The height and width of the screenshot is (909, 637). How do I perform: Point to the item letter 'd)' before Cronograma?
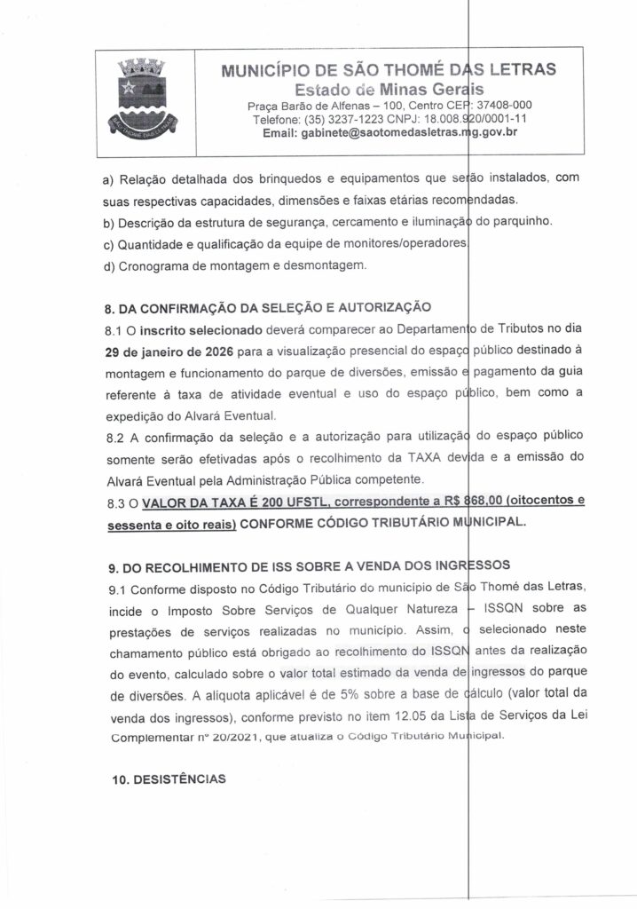point(111,264)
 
